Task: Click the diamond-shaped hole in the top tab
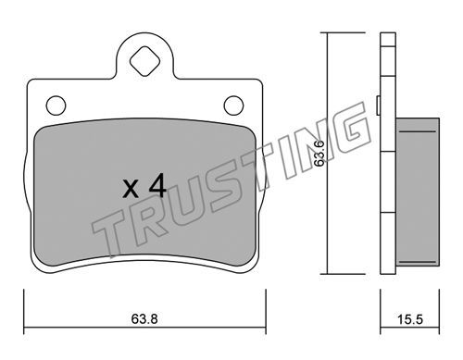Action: [x=144, y=61]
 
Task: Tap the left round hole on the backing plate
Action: [x=56, y=106]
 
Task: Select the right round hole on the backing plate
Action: [x=233, y=106]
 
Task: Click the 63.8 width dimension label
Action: [x=144, y=319]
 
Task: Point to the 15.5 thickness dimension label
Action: [x=409, y=319]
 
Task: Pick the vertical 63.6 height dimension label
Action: [x=319, y=154]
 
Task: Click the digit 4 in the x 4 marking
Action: [x=157, y=185]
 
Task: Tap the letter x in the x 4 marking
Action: [x=131, y=189]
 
